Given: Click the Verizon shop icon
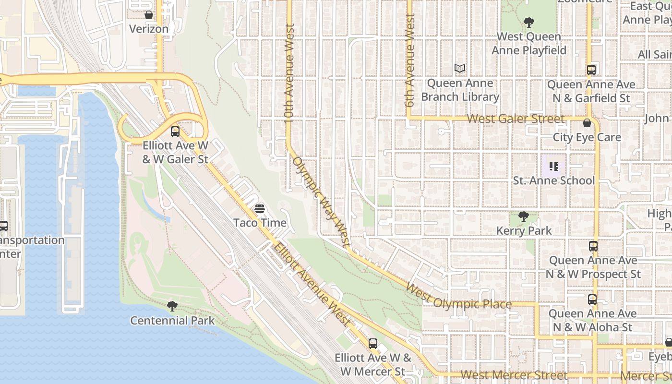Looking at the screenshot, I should (149, 15).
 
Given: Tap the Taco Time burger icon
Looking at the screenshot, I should (260, 209).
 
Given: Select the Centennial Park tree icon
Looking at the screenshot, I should (172, 306).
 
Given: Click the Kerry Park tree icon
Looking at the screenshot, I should (524, 216).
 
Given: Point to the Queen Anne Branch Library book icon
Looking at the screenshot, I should (460, 69).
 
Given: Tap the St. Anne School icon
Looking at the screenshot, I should (554, 167).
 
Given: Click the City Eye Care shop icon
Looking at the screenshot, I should (587, 123).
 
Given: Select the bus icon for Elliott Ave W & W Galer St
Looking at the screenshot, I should (175, 131).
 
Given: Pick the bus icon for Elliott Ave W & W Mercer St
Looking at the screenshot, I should (373, 344).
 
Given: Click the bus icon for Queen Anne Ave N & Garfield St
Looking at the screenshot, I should (591, 70).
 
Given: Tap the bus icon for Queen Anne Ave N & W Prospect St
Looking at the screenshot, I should (593, 246).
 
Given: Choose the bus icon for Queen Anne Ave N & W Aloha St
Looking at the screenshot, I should (592, 300).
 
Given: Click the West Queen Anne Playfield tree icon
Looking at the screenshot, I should (528, 22).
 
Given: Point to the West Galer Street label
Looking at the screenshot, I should (516, 119).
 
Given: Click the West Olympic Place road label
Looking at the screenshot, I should (458, 298).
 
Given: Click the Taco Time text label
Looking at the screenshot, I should (260, 223).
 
